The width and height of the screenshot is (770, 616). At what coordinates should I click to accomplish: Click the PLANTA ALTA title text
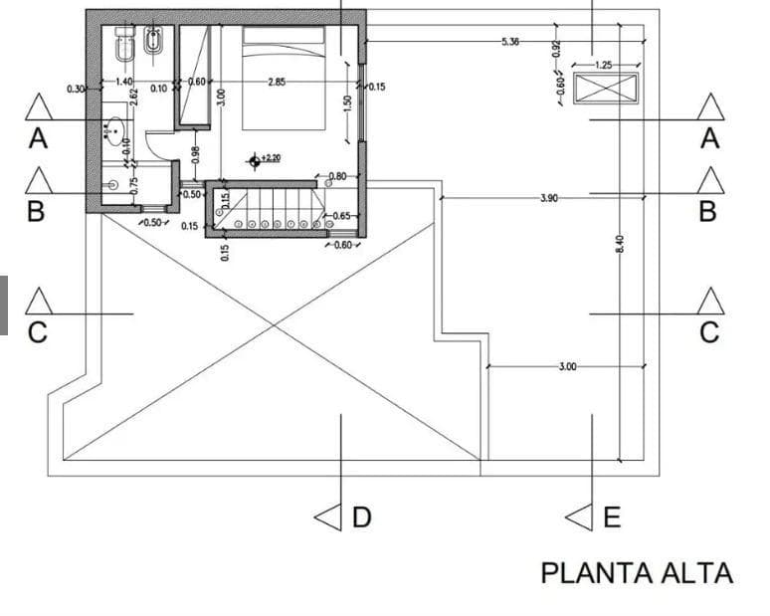637,573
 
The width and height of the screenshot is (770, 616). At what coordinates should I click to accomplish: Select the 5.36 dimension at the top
510,42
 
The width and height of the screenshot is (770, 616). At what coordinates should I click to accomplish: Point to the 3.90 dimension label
548,199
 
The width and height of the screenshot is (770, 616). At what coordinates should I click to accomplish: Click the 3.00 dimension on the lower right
567,367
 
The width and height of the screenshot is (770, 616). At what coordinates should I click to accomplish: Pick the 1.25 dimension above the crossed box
603,65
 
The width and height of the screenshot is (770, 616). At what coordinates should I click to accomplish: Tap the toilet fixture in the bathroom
125,45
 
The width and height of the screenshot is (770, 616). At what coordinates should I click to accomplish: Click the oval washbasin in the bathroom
115,128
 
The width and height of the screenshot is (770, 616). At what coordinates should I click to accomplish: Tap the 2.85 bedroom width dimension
277,82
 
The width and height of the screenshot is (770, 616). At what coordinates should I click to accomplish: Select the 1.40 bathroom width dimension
124,82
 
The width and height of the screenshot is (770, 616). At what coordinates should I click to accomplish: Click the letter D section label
361,517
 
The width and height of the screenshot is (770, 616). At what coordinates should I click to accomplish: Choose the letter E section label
611,517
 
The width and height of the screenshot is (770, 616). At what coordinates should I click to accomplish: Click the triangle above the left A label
38,106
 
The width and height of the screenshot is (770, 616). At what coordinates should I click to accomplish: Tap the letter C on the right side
709,333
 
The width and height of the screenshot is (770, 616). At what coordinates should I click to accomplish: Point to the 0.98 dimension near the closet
195,156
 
